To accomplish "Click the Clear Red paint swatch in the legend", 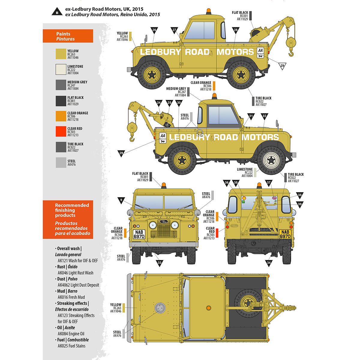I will (x=61, y=131).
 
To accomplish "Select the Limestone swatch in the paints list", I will (x=61, y=69).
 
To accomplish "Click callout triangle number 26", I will (x=154, y=30).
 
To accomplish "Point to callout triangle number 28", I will (x=236, y=30).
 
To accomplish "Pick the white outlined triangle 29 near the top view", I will (x=282, y=66).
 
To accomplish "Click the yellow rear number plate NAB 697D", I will (x=285, y=234).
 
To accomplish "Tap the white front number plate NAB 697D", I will (x=139, y=234).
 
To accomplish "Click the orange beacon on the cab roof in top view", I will (x=208, y=308).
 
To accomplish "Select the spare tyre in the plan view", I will (x=247, y=303).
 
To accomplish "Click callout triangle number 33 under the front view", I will (x=160, y=263).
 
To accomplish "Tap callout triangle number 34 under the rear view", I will (x=269, y=263).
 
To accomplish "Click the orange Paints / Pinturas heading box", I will (x=68, y=36).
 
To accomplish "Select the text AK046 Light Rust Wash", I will (x=75, y=273).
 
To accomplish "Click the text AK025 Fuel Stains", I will (x=71, y=346).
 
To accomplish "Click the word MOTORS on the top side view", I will (x=235, y=52).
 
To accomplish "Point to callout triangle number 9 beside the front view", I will (x=121, y=200).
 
